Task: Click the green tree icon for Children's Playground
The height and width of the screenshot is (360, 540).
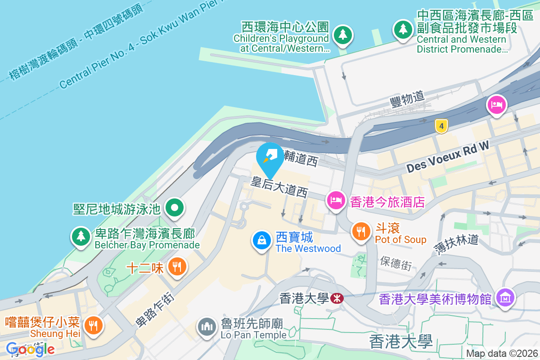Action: click(x=343, y=35)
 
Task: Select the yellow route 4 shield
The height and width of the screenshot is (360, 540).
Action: click(x=442, y=126)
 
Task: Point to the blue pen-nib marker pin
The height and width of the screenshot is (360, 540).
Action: click(x=270, y=157)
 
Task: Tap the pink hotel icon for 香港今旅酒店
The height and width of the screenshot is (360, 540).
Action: click(x=336, y=200)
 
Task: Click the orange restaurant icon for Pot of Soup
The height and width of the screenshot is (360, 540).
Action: click(x=360, y=231)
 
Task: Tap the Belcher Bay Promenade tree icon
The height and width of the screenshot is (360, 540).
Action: click(x=81, y=236)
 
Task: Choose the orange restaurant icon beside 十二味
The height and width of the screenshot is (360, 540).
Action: click(x=176, y=267)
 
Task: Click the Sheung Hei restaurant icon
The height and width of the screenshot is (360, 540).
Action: click(x=94, y=325)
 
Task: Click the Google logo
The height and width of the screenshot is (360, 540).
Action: click(x=30, y=349)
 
